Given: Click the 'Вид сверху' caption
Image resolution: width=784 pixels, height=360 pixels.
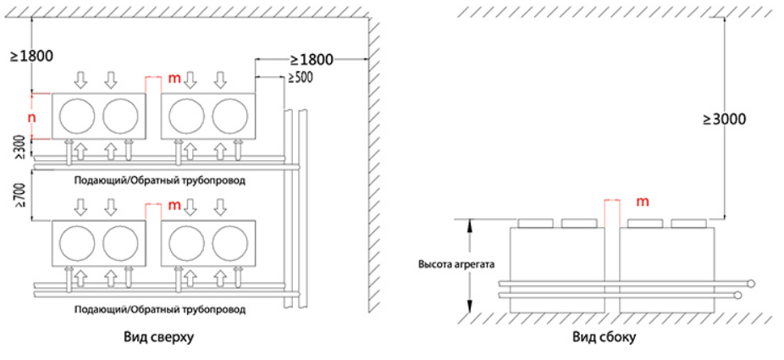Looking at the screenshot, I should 158,337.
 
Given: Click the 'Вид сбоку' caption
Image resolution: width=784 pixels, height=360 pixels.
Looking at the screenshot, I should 604,337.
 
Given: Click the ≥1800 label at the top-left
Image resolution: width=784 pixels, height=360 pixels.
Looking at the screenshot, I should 31,57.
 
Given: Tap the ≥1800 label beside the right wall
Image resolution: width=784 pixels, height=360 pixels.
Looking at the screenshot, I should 311,59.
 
